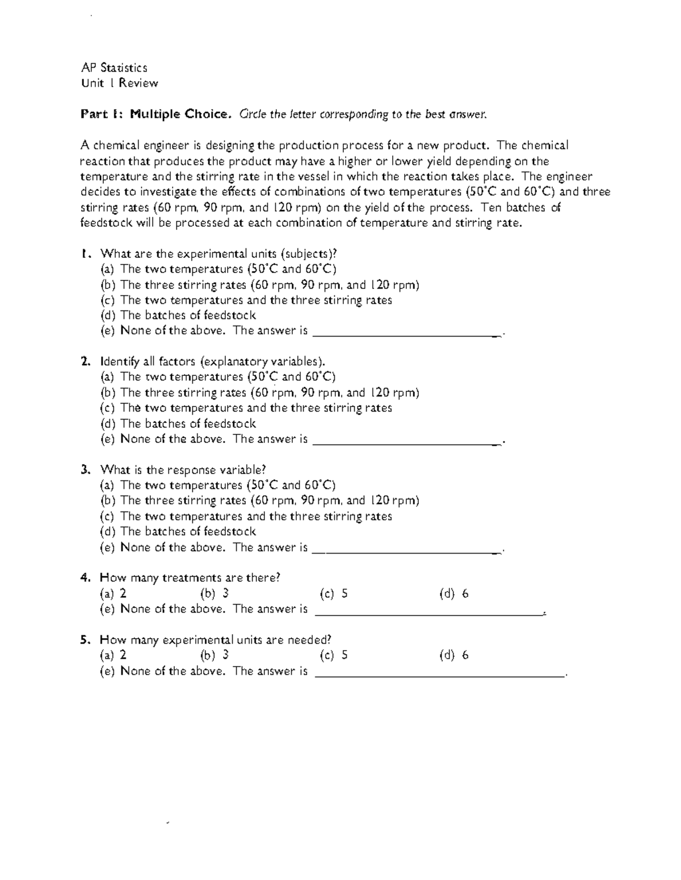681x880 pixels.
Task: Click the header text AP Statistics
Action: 114,68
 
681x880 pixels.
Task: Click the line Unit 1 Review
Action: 119,83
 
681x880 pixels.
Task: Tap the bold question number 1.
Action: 85,253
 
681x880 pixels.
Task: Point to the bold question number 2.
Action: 85,362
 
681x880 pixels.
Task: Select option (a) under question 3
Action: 218,485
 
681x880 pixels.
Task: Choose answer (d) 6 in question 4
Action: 454,594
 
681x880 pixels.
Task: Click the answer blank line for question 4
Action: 429,613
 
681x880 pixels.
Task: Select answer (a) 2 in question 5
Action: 113,655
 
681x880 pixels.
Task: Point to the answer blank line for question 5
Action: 440,675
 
